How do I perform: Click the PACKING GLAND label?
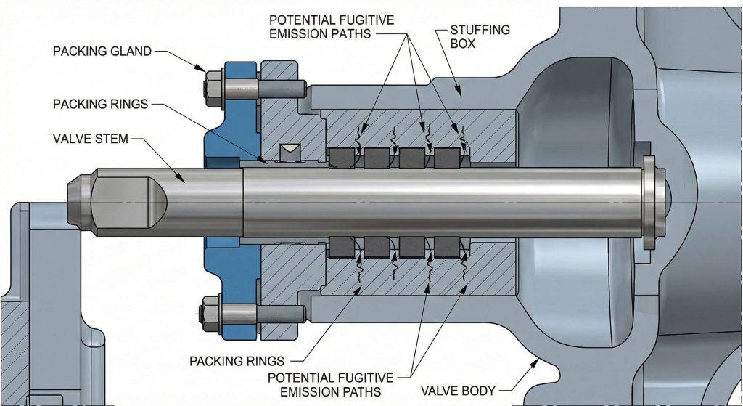[102, 52]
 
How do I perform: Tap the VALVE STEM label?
[91, 139]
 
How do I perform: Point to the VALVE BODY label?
[459, 391]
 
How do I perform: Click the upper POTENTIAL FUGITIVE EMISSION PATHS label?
[331, 27]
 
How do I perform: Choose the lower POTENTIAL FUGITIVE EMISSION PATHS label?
[331, 385]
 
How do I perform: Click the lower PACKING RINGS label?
[237, 361]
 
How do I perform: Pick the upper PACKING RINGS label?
[100, 104]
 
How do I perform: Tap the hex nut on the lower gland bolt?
[211, 314]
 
